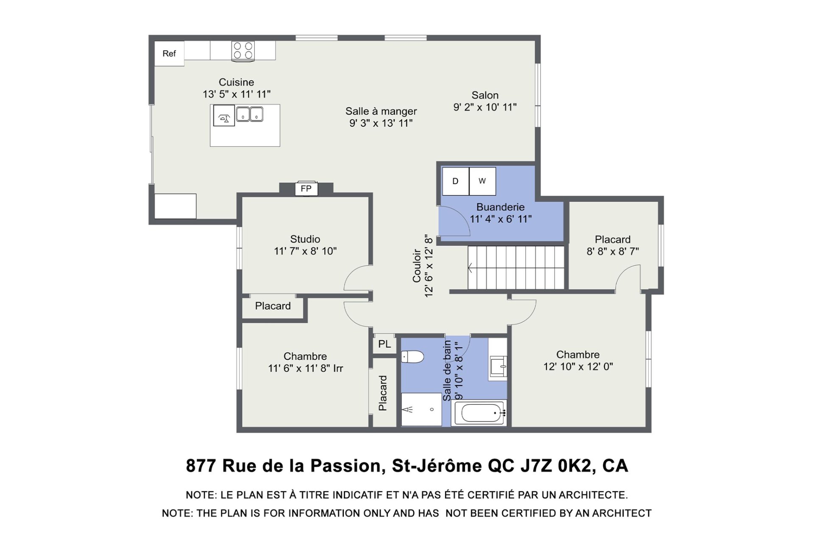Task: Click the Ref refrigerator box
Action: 169,53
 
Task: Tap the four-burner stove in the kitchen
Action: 243,51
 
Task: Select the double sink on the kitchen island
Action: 250,115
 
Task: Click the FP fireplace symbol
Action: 306,188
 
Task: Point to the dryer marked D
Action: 455,181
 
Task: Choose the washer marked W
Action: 482,181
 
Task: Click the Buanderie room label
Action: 500,207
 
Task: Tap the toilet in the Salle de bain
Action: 412,357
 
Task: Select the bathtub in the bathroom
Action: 479,413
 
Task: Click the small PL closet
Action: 385,344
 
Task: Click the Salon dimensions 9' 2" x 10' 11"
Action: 485,107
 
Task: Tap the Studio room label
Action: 305,239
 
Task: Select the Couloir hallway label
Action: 416,266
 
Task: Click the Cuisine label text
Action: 236,82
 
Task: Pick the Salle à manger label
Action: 381,112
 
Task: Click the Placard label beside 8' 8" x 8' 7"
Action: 613,239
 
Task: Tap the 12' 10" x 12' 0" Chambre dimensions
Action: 578,367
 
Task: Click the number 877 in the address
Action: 201,466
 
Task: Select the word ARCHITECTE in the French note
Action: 593,495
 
